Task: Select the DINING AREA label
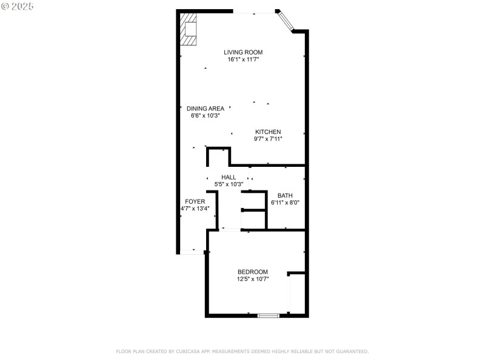coord(205,109)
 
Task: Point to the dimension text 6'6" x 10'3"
coord(205,115)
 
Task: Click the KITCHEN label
coord(267,132)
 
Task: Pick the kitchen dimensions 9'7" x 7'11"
coord(267,139)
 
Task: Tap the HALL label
coord(229,177)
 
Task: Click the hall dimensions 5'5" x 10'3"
coord(229,184)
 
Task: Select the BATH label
coord(285,195)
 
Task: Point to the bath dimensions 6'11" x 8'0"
coord(285,203)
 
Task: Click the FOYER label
coord(195,201)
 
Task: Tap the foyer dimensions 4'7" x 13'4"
coord(195,209)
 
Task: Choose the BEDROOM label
coord(252,272)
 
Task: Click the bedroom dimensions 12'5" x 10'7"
coord(252,279)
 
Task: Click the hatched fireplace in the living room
coord(189,29)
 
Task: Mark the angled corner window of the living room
coord(285,20)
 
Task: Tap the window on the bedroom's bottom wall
coord(268,315)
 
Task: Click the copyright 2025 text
coord(18,6)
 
